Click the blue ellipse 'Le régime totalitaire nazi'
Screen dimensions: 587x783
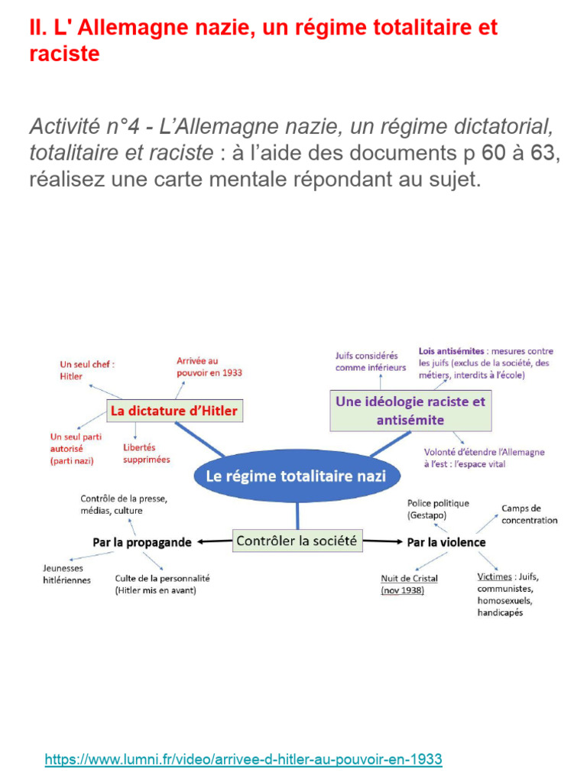click(297, 476)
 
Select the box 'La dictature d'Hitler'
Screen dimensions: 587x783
click(174, 411)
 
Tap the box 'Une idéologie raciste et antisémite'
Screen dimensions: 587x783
click(410, 411)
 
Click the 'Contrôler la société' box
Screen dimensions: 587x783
click(297, 541)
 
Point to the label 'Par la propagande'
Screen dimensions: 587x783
click(141, 542)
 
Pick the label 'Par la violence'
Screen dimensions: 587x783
click(446, 542)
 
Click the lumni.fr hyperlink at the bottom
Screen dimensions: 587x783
click(243, 759)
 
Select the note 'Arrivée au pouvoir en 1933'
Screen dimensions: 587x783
click(209, 366)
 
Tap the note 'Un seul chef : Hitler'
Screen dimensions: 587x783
click(87, 370)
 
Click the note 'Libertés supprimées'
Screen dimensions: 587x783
click(146, 453)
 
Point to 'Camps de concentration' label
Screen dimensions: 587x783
click(529, 515)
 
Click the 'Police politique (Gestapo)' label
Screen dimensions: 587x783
click(438, 508)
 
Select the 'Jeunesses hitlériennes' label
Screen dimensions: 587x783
click(66, 574)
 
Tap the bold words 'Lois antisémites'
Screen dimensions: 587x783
click(451, 351)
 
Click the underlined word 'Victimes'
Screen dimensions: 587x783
click(495, 577)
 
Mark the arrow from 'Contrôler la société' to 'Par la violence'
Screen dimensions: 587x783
click(382, 541)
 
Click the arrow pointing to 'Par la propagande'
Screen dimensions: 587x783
click(215, 542)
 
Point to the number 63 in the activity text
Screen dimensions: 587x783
click(543, 153)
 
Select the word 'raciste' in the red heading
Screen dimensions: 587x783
click(64, 54)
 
